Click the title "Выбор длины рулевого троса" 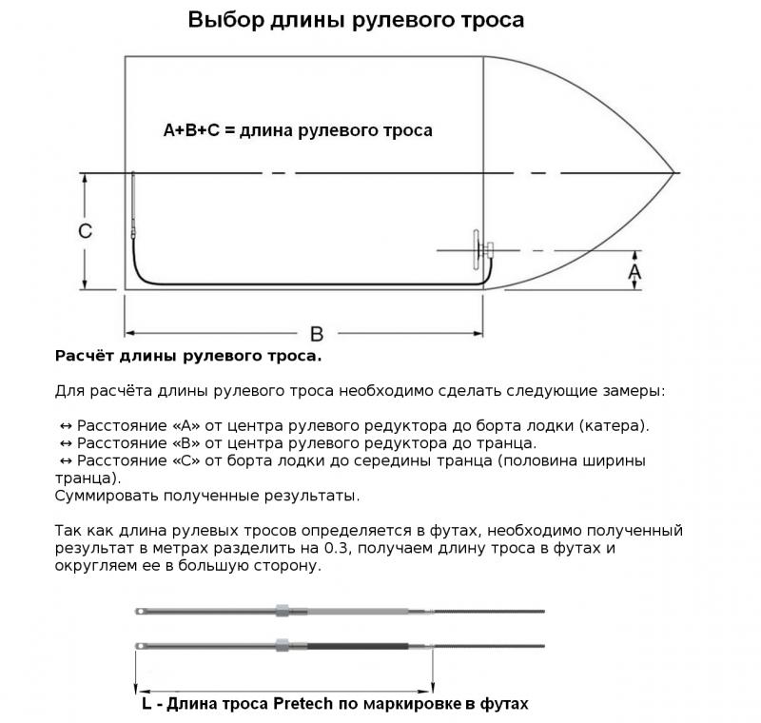355,20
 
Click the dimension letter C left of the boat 85,231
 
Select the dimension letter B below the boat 317,334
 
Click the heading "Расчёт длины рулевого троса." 189,357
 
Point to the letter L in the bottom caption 146,704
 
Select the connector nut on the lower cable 281,645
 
